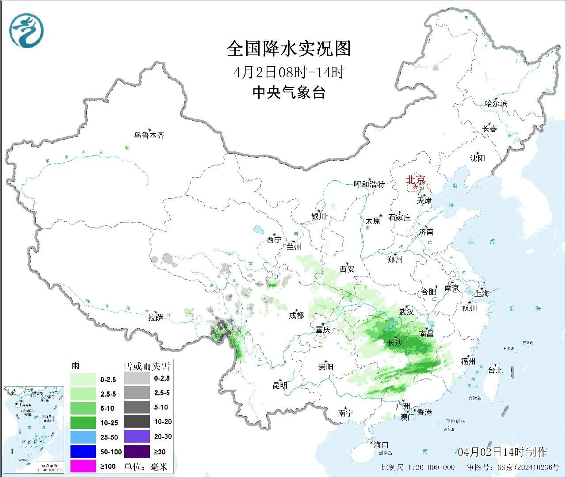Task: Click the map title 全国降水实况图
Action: (289, 49)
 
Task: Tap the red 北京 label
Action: (416, 180)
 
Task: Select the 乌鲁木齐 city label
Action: (149, 135)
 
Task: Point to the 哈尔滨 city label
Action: (496, 104)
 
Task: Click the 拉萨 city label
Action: (156, 317)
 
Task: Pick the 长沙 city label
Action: (395, 343)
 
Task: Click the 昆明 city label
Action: (280, 385)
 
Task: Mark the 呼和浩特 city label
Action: (369, 184)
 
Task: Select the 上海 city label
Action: (482, 293)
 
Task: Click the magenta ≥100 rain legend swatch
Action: (83, 466)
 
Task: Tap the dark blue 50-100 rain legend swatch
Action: (83, 451)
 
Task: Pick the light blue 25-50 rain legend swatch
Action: (83, 437)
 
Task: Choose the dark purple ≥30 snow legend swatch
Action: (137, 451)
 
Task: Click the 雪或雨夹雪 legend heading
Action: (146, 366)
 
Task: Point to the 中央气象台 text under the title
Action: (289, 92)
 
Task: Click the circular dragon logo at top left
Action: (27, 30)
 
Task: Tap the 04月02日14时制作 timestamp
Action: (502, 452)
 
